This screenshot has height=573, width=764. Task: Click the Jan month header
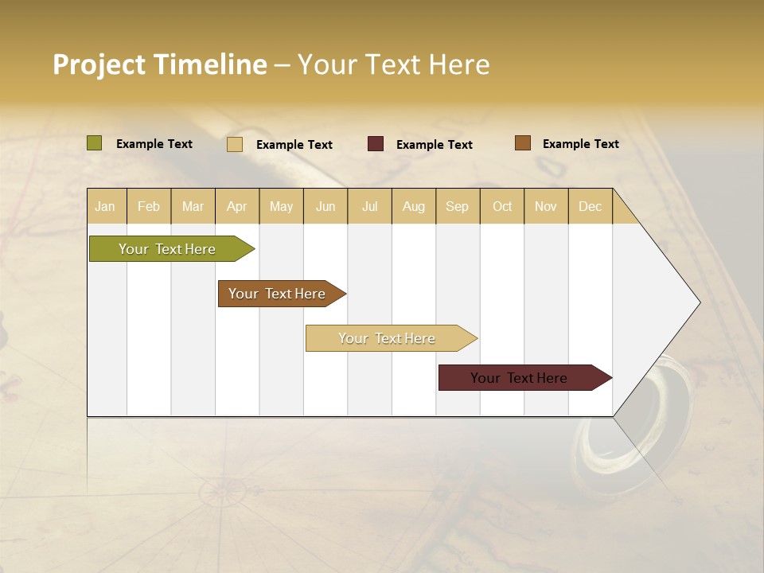click(105, 206)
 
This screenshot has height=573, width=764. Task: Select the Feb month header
click(149, 206)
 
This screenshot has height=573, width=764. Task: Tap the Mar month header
click(193, 206)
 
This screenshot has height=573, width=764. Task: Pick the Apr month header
click(237, 206)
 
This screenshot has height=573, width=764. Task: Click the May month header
click(281, 206)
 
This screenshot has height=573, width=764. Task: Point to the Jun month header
click(325, 206)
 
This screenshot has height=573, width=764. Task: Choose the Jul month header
click(369, 206)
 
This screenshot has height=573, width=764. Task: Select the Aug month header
click(414, 206)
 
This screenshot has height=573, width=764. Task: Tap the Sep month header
click(458, 206)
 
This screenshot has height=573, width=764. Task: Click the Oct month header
click(502, 206)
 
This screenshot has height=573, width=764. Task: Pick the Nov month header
click(546, 206)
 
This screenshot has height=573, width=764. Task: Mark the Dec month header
click(591, 206)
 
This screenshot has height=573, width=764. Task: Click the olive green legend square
click(95, 143)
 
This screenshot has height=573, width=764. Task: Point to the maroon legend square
click(376, 144)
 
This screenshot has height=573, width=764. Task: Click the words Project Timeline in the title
click(160, 64)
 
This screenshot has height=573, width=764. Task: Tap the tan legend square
click(235, 144)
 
